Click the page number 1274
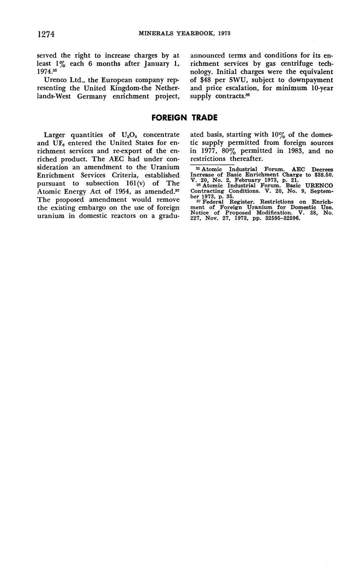coord(46,34)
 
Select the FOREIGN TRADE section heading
coord(184,118)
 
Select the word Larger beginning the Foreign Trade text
coord(57,134)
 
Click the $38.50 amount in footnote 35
coord(321,174)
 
